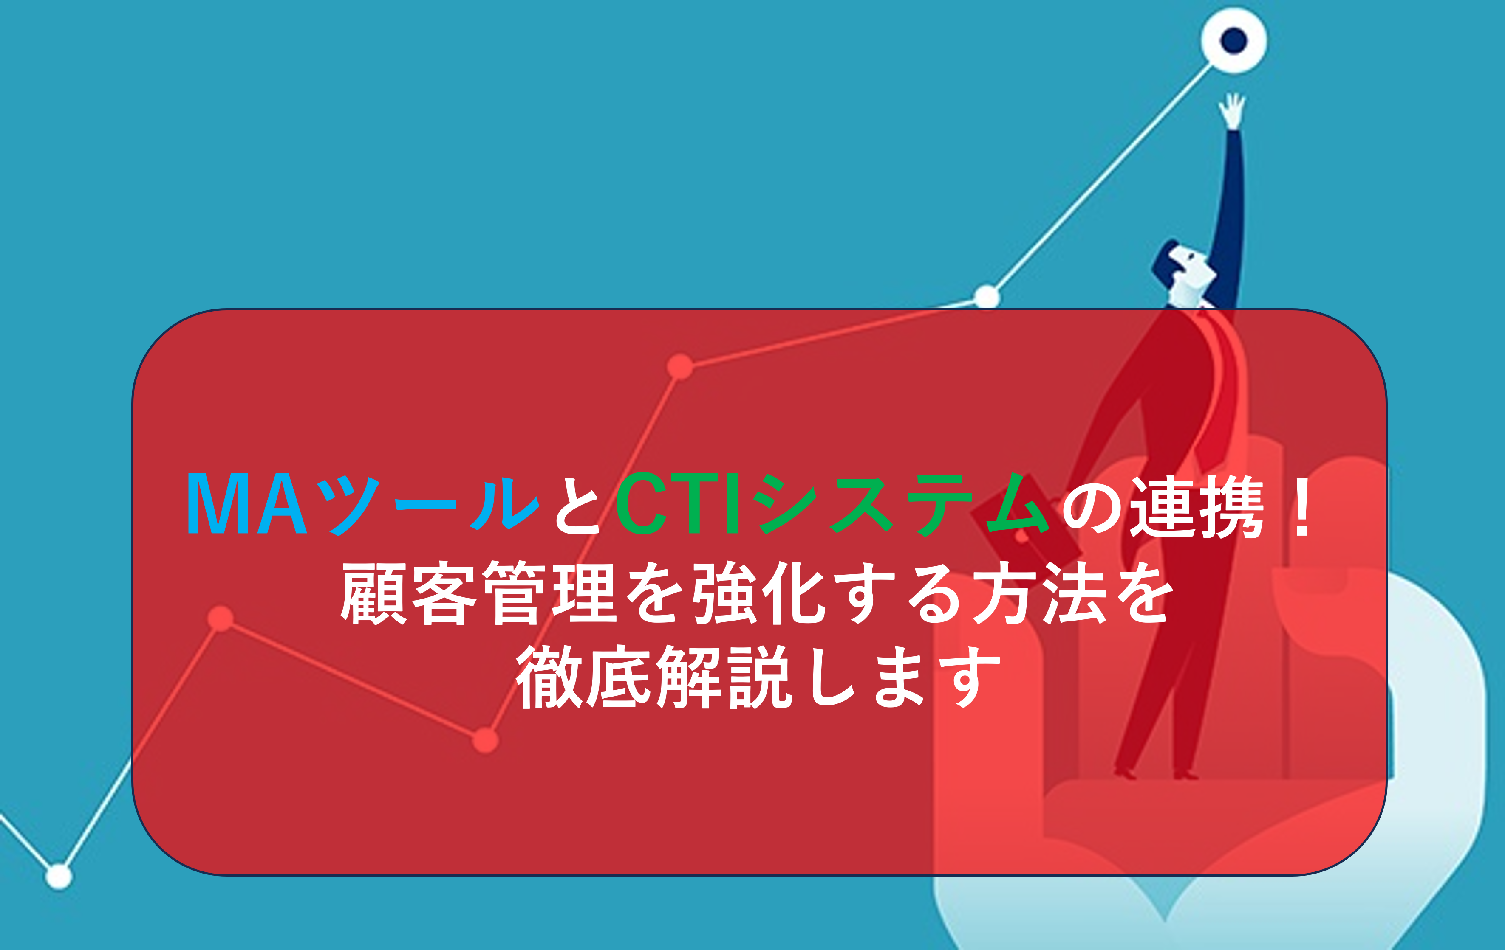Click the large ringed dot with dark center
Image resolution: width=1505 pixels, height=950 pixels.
tap(1234, 41)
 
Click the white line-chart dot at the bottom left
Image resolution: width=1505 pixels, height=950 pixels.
tap(59, 876)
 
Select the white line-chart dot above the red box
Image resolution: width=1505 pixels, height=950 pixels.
tap(987, 296)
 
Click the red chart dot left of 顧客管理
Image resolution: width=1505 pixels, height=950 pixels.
tap(220, 618)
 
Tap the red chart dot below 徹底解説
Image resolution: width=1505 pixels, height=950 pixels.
tap(485, 741)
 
